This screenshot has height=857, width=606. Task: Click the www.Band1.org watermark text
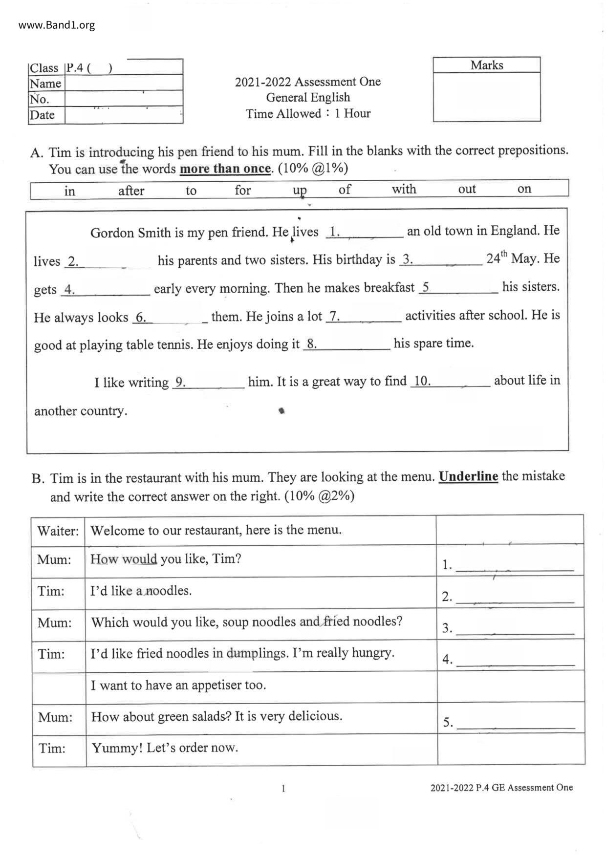click(57, 25)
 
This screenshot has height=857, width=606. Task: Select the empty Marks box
click(486, 97)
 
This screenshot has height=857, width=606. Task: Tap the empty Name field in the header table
click(124, 83)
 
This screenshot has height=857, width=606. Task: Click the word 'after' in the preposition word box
click(131, 191)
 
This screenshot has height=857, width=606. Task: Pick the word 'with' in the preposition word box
click(404, 189)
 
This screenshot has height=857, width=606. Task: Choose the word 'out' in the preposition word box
click(467, 189)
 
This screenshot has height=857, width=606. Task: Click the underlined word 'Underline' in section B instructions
click(468, 476)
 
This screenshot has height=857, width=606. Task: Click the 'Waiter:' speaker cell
click(58, 531)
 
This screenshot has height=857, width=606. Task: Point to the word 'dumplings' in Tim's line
click(257, 653)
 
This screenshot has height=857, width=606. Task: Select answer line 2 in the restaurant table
click(515, 598)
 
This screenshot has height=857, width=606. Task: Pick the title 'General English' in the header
click(308, 97)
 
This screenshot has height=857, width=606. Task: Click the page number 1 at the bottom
click(283, 788)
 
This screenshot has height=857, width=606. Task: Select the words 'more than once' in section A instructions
click(225, 169)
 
